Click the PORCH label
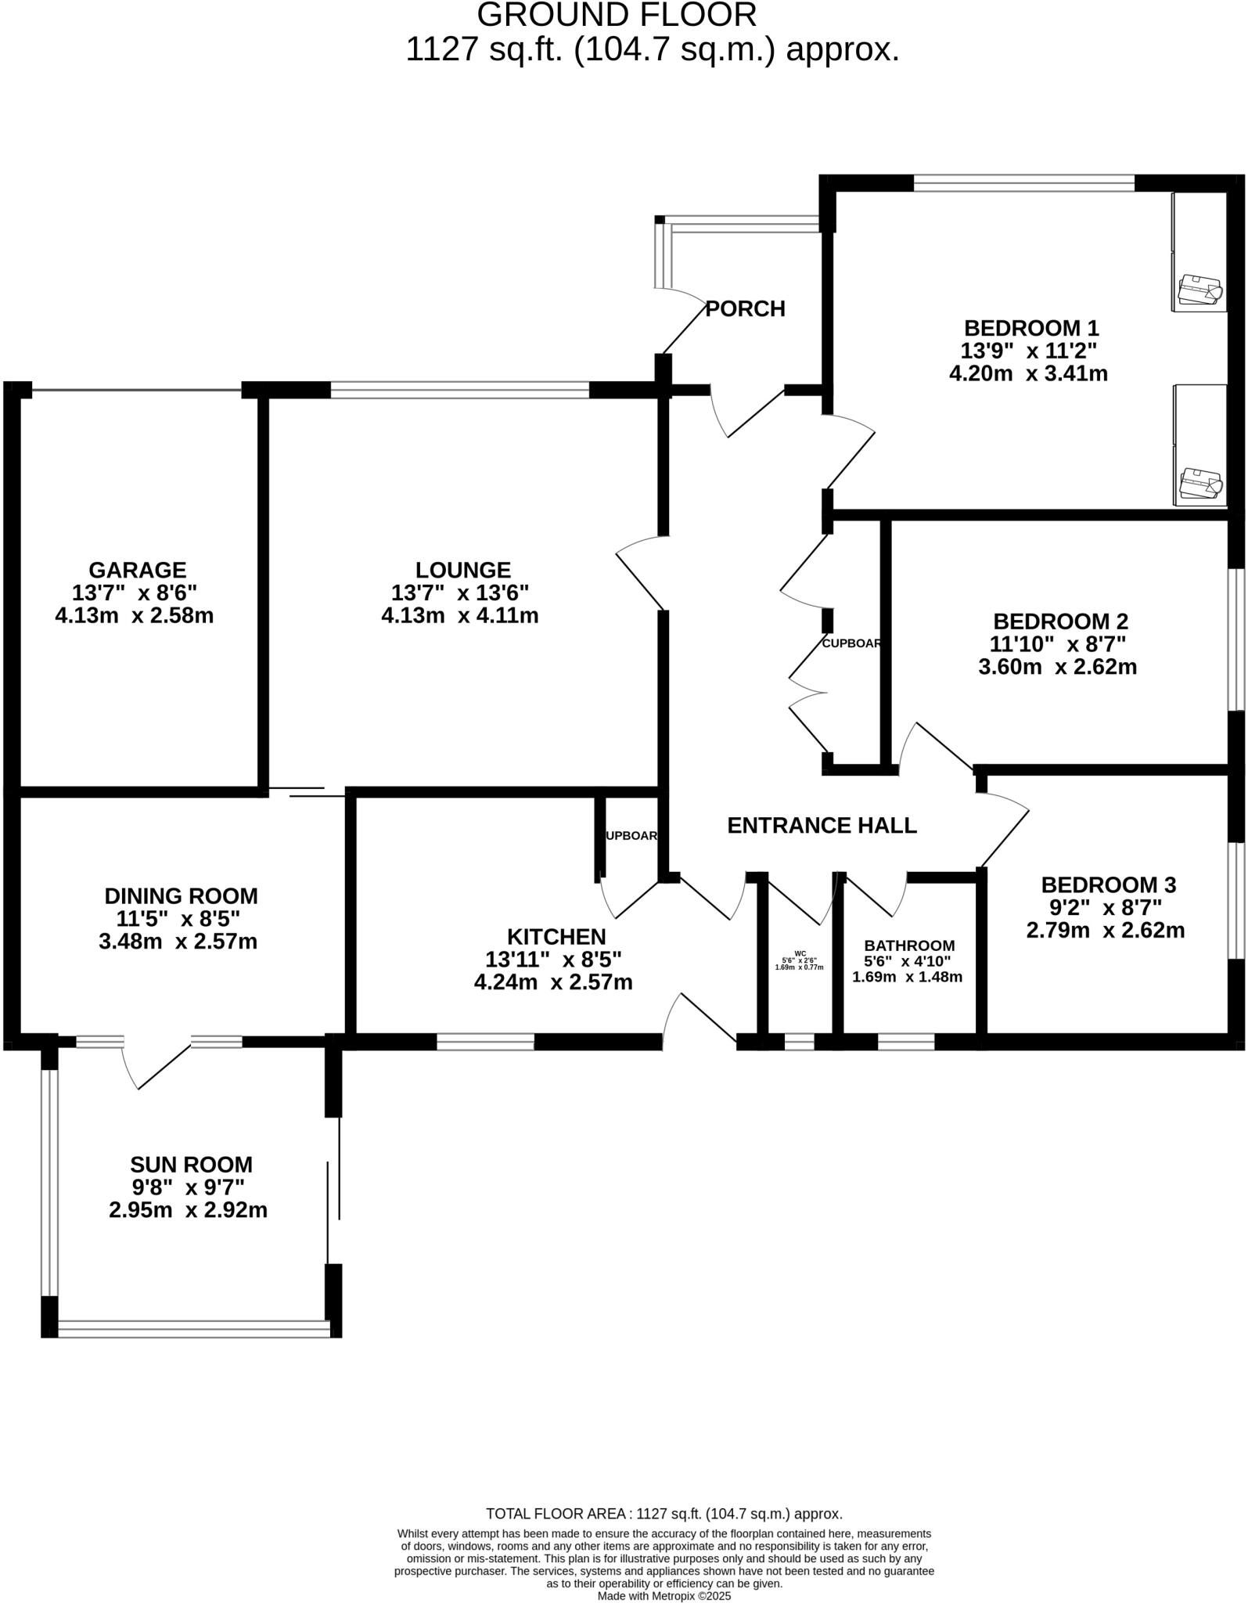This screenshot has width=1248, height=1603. point(745,309)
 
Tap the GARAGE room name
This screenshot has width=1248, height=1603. point(137,570)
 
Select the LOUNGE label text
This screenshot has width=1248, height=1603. point(462,570)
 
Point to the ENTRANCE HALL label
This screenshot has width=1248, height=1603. point(822,826)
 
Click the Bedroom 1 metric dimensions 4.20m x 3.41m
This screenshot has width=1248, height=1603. point(1028,373)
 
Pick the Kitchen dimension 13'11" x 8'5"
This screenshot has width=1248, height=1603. point(553,959)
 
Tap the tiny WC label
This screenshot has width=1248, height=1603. point(800,953)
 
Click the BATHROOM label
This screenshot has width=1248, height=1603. point(909,946)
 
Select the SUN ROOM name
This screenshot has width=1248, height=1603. point(192,1165)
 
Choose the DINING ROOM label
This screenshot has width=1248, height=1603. point(181,896)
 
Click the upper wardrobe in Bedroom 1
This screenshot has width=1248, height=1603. point(1199,252)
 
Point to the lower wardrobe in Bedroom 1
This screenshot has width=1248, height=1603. point(1199,444)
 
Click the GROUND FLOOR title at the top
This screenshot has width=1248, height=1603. point(617,16)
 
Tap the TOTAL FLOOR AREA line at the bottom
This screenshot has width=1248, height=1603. point(664,1514)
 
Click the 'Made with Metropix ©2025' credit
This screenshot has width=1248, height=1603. point(664,1595)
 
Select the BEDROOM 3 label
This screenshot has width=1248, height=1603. point(1108,885)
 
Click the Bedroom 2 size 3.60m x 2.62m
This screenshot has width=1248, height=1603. point(1057,667)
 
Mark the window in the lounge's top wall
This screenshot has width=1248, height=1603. point(459,389)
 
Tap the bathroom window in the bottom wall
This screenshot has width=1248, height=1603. point(905,1042)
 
